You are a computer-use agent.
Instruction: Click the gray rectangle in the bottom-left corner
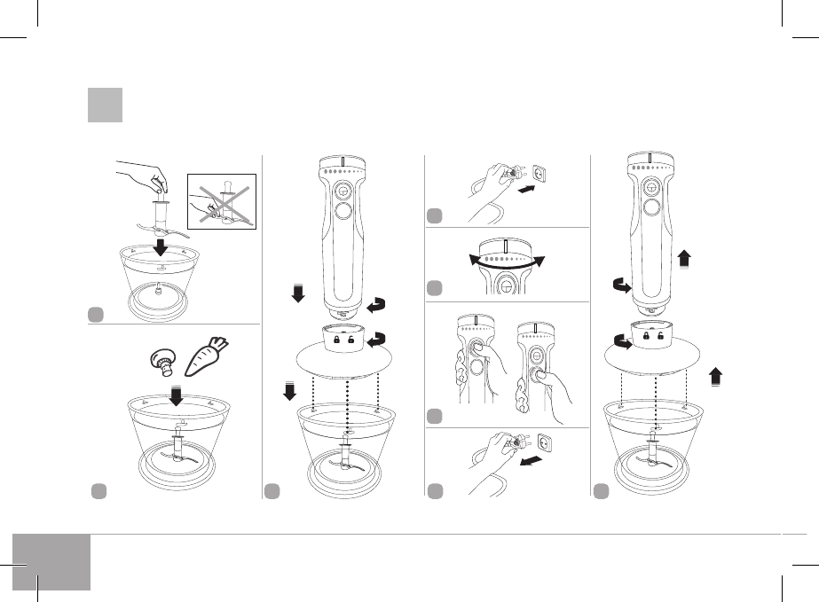click(x=52, y=561)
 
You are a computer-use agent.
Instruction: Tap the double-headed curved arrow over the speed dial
click(x=504, y=257)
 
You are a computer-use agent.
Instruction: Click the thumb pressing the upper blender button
click(x=483, y=349)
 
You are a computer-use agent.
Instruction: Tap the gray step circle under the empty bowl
click(x=94, y=313)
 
